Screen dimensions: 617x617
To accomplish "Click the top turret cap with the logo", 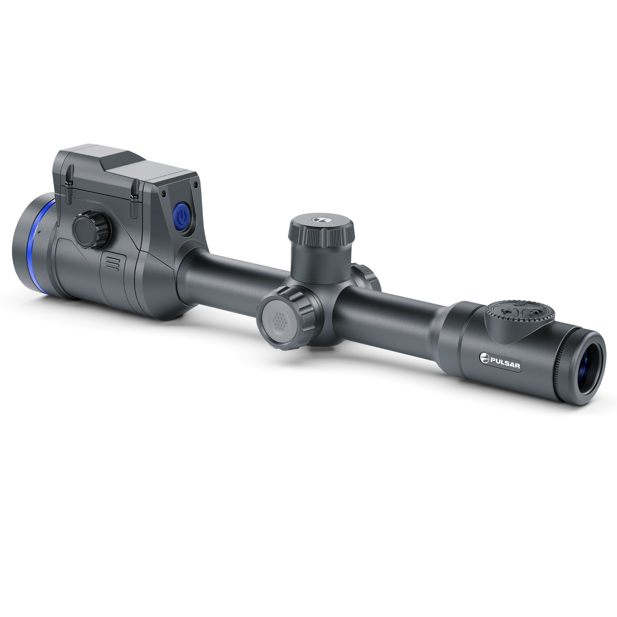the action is point(322,228).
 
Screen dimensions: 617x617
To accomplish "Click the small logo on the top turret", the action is point(318,219).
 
